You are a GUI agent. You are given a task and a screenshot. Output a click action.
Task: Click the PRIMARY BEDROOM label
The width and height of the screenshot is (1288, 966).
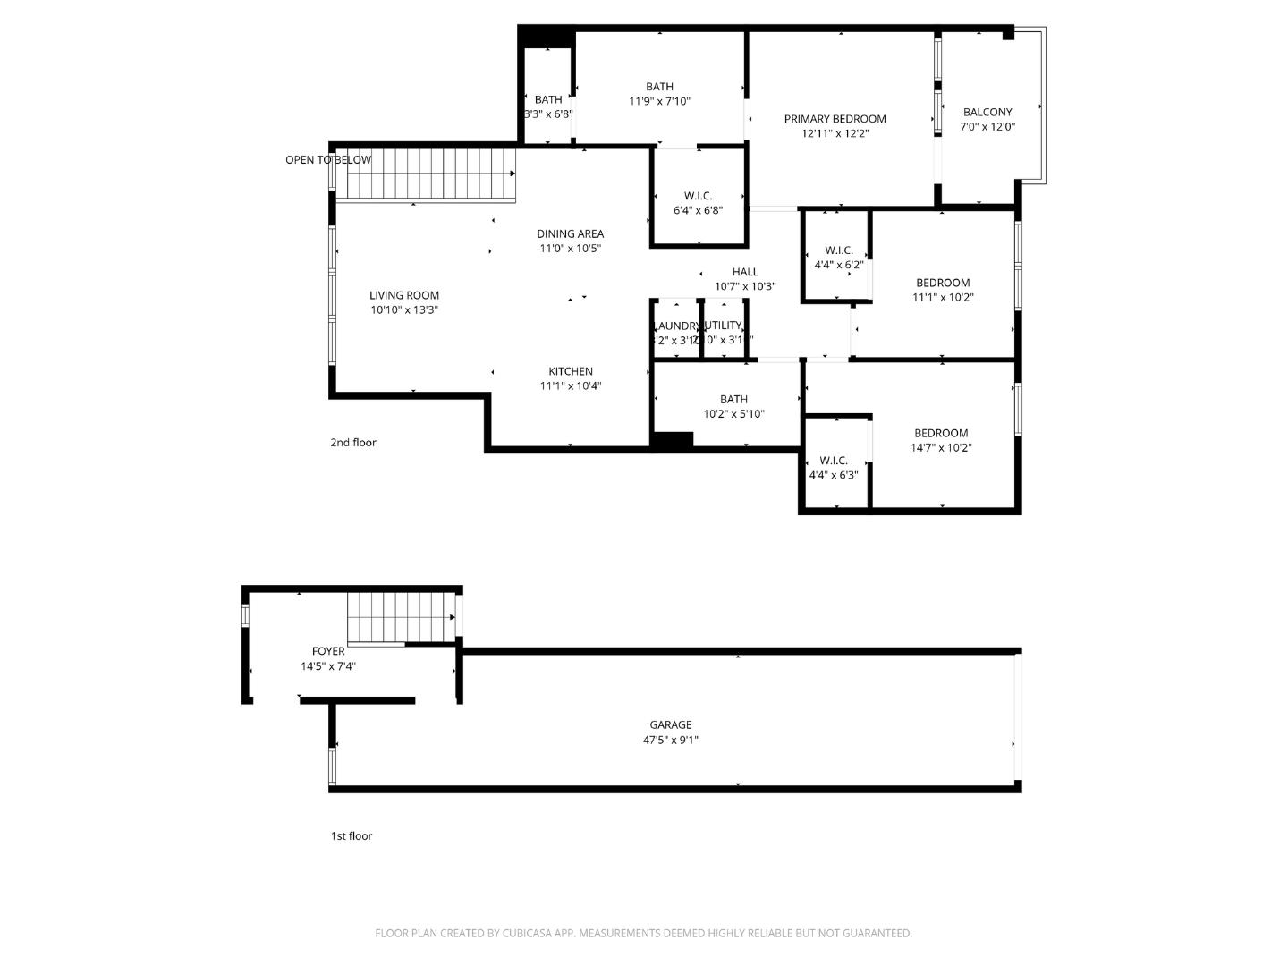click(835, 119)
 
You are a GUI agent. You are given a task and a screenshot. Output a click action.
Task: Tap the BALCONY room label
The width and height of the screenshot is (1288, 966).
click(987, 113)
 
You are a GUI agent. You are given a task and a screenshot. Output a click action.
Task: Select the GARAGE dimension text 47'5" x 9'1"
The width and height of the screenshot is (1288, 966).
click(670, 740)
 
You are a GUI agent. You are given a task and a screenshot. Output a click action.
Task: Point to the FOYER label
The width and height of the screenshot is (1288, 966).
click(328, 651)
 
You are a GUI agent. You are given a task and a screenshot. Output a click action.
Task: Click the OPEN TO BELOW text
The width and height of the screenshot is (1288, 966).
click(328, 160)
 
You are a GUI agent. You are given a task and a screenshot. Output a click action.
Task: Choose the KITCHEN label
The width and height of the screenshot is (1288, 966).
click(571, 371)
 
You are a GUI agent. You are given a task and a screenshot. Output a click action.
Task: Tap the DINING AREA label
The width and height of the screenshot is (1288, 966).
click(570, 234)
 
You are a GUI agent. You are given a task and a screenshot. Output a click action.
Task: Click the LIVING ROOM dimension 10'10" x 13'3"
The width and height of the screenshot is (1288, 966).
click(404, 310)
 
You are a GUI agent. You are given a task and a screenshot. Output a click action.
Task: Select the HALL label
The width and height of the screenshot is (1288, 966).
click(745, 272)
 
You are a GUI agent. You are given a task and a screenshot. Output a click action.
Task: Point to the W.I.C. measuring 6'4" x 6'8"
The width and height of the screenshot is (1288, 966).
click(698, 203)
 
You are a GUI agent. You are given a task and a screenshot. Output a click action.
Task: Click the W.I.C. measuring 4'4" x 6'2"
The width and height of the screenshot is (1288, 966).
click(838, 258)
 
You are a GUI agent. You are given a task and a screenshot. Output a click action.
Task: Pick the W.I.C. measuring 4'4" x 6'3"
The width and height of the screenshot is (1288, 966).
click(833, 468)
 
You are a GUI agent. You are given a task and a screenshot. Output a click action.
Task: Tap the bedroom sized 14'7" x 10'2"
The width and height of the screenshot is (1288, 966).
click(941, 440)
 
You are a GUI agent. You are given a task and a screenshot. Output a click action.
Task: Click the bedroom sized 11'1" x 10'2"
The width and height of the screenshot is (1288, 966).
click(943, 290)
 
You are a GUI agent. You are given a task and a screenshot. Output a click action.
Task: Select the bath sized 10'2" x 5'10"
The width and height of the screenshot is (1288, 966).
click(733, 406)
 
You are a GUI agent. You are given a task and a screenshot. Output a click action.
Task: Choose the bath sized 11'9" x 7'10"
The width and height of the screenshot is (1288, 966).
click(659, 94)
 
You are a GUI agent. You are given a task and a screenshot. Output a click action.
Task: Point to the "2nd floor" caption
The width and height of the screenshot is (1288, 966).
click(353, 443)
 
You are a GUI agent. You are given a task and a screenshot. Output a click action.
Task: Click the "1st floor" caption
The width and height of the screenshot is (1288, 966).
click(352, 836)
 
